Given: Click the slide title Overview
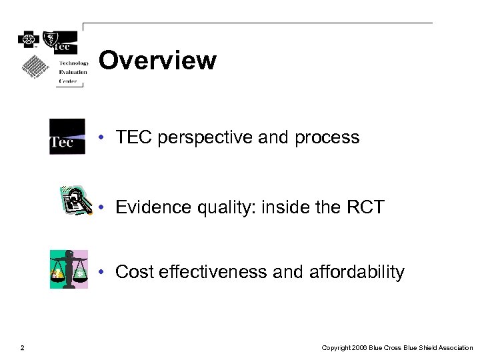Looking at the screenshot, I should click(x=157, y=61).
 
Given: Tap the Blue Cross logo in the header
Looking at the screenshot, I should click(x=29, y=39).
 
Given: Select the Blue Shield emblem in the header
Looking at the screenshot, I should click(x=51, y=39).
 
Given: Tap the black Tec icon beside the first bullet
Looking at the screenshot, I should click(x=67, y=136).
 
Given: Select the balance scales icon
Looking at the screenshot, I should click(x=69, y=269).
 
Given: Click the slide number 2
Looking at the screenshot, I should click(x=22, y=347).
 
